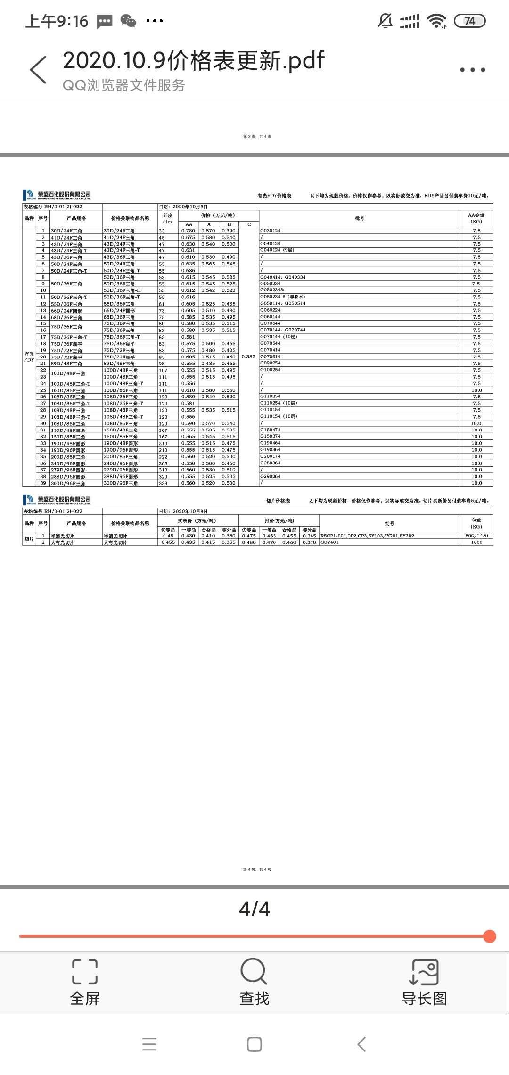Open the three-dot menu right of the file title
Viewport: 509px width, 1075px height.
point(472,70)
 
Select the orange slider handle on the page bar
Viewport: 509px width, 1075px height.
point(490,936)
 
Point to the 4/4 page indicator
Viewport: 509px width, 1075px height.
point(254,909)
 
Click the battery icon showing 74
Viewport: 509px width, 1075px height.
point(469,21)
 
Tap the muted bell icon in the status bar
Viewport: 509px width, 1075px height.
point(385,21)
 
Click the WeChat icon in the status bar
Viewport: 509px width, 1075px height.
point(128,21)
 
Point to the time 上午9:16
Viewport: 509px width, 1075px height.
point(57,21)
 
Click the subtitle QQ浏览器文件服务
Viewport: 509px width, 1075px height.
point(123,85)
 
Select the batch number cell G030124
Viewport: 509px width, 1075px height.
point(270,231)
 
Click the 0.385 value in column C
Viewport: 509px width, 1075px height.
point(248,356)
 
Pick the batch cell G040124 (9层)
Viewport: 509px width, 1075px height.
point(277,250)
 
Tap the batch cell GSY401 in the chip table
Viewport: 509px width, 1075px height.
point(329,542)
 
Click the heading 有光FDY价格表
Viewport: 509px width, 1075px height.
point(274,196)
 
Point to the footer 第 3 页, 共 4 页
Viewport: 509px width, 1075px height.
point(257,137)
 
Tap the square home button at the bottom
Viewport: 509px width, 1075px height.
point(254,1044)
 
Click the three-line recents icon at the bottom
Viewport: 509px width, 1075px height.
point(149,1044)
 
